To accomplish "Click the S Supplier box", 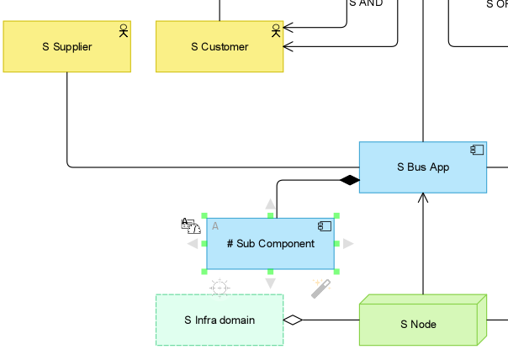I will click(66, 47).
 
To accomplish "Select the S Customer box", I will click(220, 47).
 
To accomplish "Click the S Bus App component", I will click(422, 167).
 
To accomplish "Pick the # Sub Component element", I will click(270, 244).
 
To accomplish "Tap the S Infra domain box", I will click(219, 320).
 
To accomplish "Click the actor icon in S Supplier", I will click(123, 31).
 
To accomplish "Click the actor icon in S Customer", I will click(275, 31).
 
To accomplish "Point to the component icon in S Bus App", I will click(477, 151).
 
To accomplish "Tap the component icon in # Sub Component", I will click(325, 226).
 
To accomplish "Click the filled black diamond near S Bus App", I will click(349, 180).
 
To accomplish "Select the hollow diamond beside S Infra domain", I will click(293, 320).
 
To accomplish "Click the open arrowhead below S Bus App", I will click(423, 199).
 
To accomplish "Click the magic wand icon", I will click(320, 289).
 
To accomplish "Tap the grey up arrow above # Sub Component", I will click(270, 204).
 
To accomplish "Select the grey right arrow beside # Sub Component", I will click(348, 244).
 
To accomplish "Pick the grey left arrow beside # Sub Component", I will click(193, 244).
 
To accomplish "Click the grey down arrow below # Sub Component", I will click(270, 283).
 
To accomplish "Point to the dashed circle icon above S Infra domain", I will click(219, 288).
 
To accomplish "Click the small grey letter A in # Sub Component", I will click(215, 226).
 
